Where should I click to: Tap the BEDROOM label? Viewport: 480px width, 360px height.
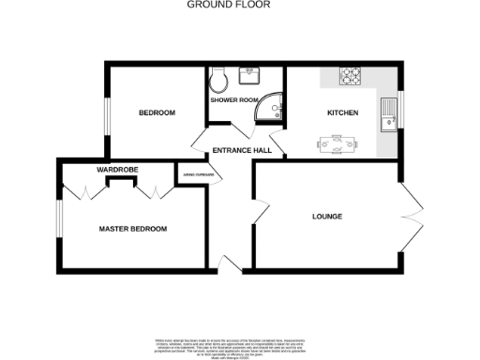click(x=157, y=113)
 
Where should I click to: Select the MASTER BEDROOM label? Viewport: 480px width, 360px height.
click(x=133, y=229)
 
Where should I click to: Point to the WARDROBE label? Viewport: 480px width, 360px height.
click(x=117, y=170)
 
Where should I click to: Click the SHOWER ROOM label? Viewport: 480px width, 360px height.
click(x=232, y=98)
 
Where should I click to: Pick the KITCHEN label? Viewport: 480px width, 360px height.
click(x=342, y=113)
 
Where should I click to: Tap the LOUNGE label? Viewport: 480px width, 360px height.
click(x=327, y=217)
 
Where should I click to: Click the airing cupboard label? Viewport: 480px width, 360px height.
click(x=197, y=174)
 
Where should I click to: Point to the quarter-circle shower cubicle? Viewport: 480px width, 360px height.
click(x=274, y=111)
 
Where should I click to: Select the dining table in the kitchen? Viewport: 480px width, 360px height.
click(x=336, y=144)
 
